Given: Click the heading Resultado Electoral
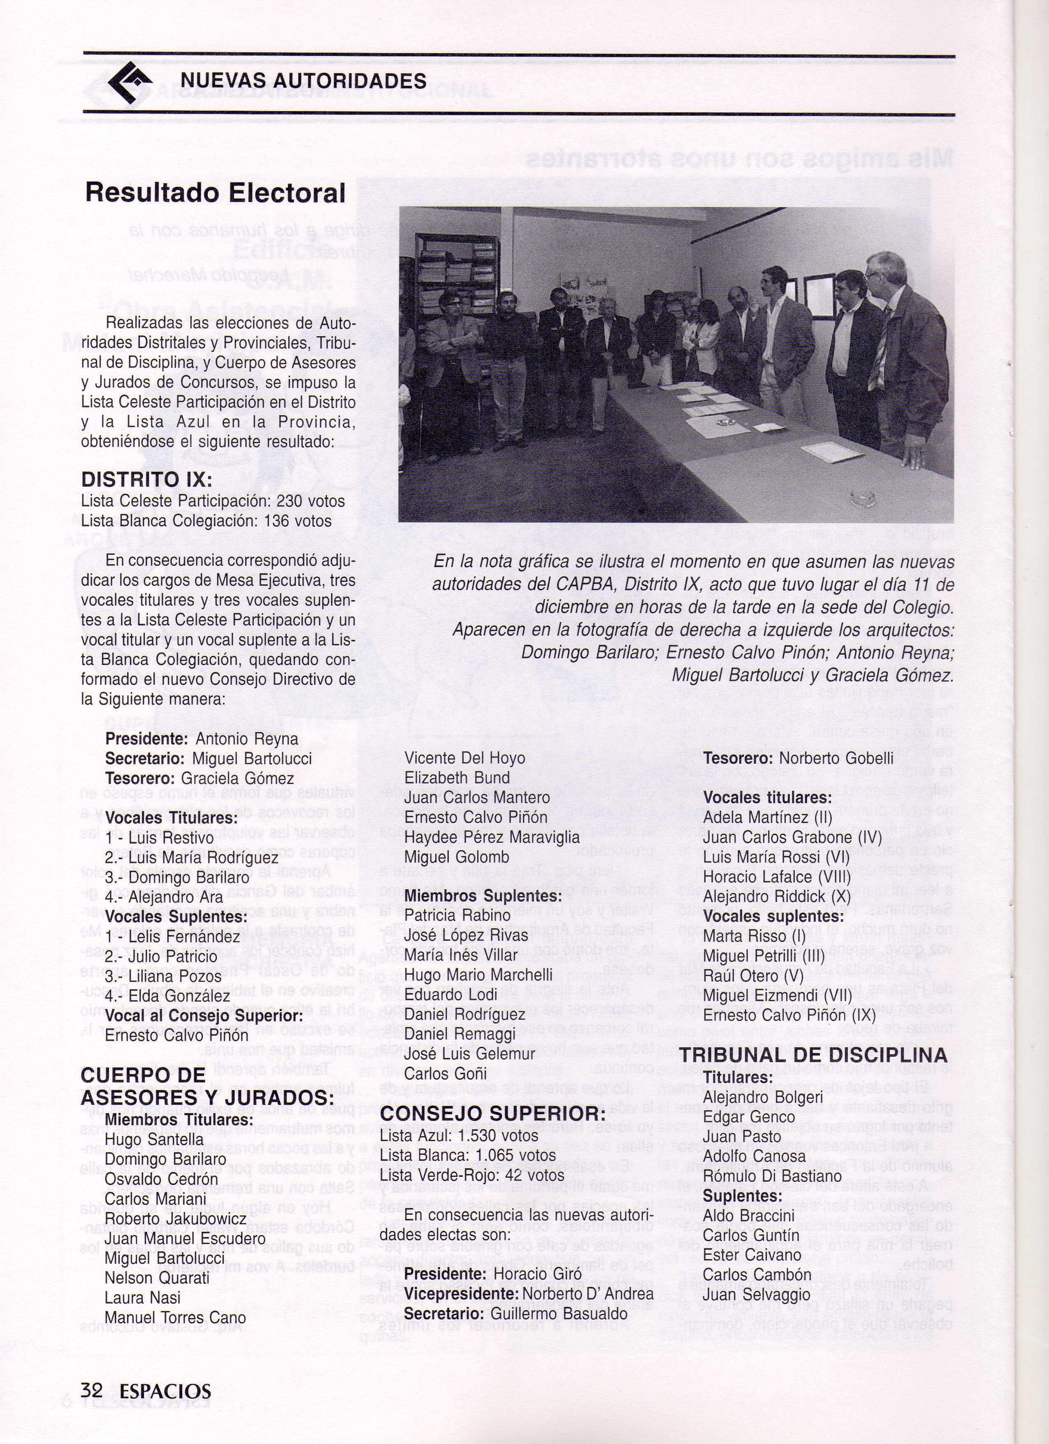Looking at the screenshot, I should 216,192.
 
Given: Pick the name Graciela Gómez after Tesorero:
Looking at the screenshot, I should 237,779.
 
